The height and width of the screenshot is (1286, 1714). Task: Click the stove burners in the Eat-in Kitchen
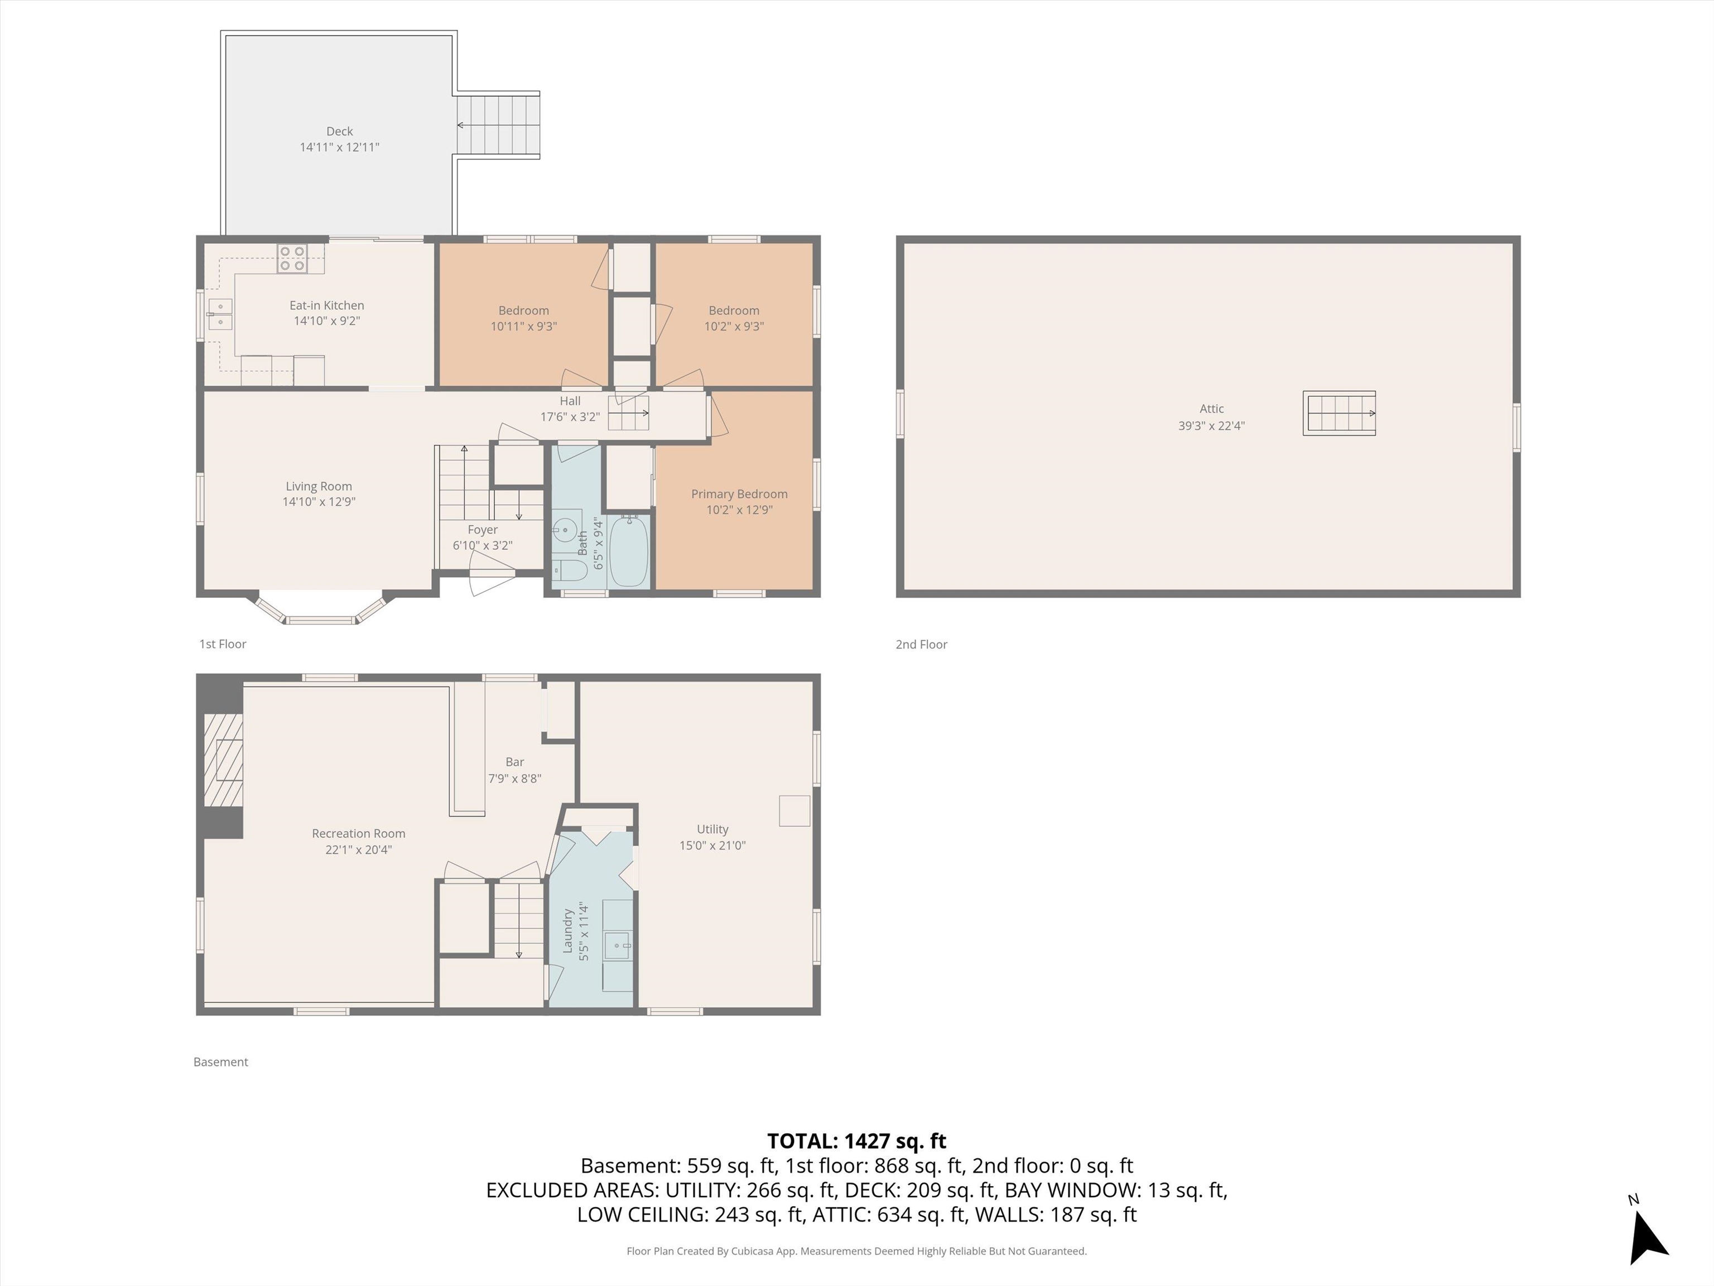[x=292, y=258]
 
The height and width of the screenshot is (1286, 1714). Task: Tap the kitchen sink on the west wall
[x=220, y=314]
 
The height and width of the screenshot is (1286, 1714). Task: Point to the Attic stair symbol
[x=1339, y=413]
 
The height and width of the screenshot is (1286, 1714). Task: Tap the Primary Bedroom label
[x=739, y=494]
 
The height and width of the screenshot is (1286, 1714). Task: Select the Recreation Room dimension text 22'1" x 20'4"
[x=358, y=850]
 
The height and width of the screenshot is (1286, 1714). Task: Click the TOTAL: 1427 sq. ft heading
[x=856, y=1141]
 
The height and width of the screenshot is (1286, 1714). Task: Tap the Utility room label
[x=712, y=829]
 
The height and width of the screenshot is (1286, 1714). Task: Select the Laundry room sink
[x=618, y=945]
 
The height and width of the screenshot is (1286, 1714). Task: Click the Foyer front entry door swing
[x=491, y=582]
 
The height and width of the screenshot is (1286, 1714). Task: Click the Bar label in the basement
[x=514, y=762]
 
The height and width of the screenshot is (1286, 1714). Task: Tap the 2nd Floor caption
[x=921, y=644]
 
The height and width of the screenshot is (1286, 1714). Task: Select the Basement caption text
[x=221, y=1062]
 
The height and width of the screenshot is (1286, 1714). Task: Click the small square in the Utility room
[x=795, y=810]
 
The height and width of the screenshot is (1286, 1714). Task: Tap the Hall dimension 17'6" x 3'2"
[x=570, y=417]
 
